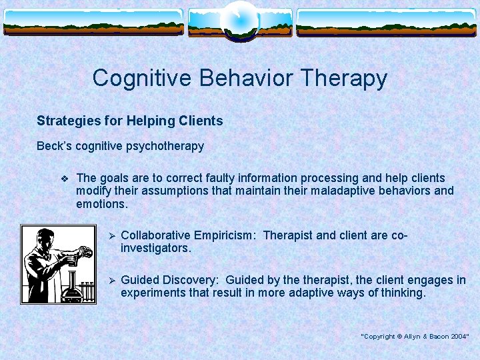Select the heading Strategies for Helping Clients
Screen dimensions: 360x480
[129, 121]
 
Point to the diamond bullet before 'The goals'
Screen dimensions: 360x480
[64, 178]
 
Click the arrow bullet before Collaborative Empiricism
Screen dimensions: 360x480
[113, 236]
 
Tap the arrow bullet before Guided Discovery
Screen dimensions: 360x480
[113, 281]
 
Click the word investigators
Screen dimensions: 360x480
[155, 248]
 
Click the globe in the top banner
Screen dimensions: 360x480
[239, 20]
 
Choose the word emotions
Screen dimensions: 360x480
[101, 203]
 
